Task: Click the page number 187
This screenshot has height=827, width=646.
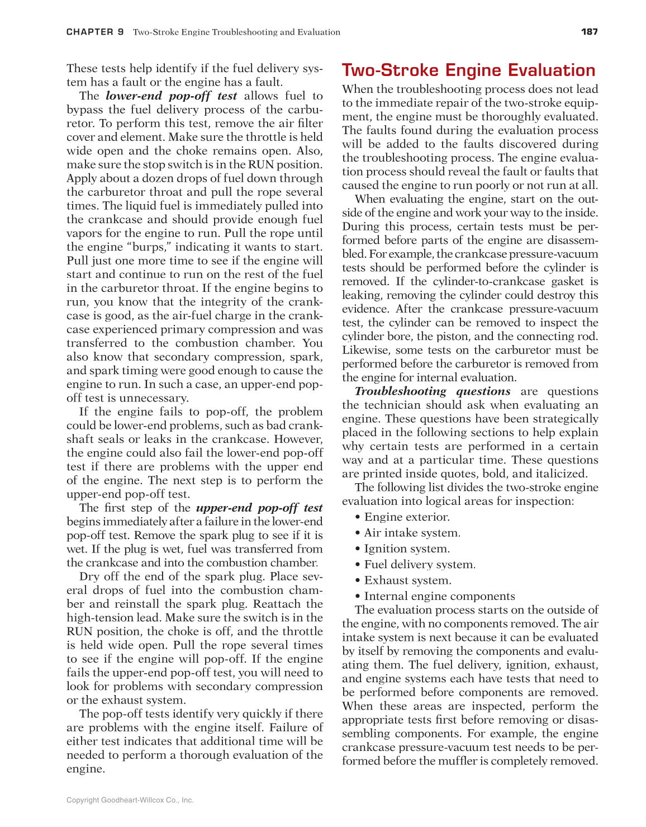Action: click(x=589, y=32)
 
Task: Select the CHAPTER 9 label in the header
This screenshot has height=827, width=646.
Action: click(x=95, y=32)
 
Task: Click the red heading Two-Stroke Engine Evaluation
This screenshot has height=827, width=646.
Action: click(x=468, y=70)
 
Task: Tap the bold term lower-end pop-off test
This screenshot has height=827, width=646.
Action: click(x=171, y=96)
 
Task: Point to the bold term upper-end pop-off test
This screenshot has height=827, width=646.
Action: click(x=259, y=508)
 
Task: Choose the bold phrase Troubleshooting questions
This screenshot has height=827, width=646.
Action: click(x=433, y=391)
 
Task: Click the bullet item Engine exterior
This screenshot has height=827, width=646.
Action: click(x=406, y=517)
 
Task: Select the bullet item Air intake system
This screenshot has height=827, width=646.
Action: click(x=412, y=533)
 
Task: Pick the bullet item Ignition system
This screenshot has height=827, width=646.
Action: click(x=406, y=549)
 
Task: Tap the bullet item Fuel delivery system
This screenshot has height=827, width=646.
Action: click(x=419, y=565)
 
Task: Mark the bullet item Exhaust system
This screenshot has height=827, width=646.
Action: click(x=407, y=581)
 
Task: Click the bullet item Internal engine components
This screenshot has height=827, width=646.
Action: click(x=439, y=597)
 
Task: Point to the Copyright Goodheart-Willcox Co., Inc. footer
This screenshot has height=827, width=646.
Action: click(x=130, y=800)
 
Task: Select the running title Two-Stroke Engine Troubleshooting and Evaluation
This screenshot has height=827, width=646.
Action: click(x=236, y=32)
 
